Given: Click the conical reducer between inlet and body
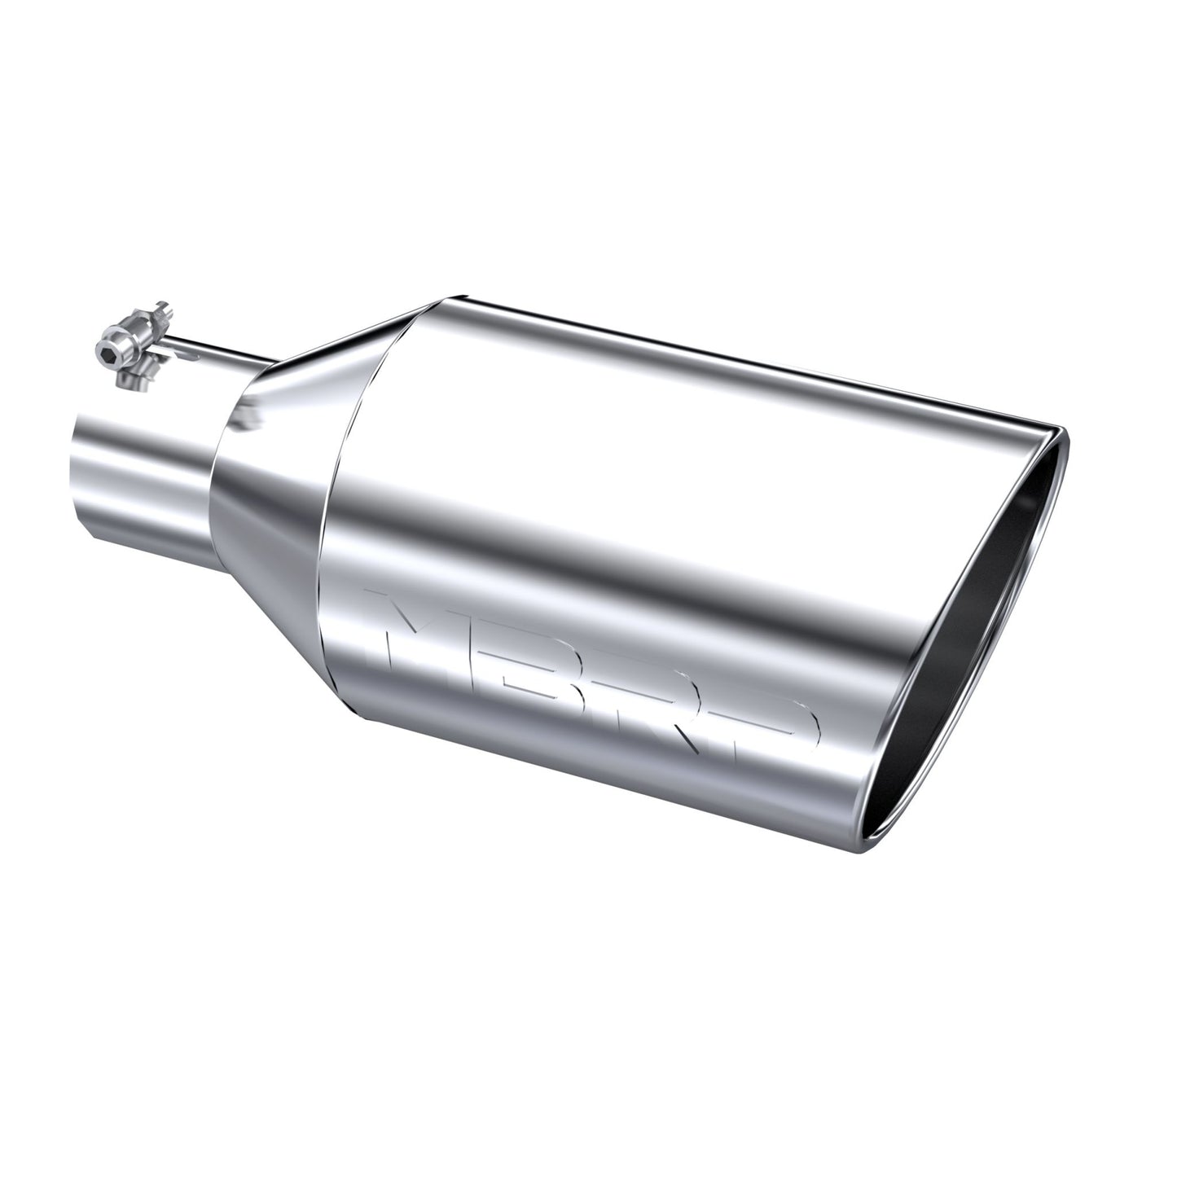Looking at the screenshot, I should click(x=269, y=489).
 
